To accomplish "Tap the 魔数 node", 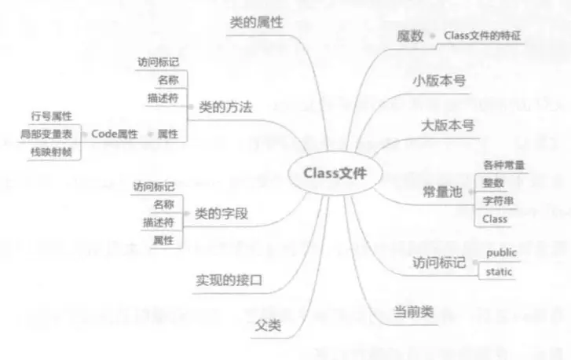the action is click(x=412, y=36).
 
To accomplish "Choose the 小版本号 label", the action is click(x=439, y=82).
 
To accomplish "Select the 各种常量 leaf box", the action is click(x=504, y=165).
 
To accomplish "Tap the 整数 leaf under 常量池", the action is click(x=493, y=182).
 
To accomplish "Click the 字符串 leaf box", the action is click(x=498, y=200).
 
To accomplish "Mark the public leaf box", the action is click(x=502, y=253).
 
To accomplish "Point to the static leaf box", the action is click(x=500, y=272).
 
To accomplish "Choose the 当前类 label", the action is click(x=413, y=312).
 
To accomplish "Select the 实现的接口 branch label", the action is click(x=227, y=281).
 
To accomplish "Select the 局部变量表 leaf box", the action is click(x=49, y=134).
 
